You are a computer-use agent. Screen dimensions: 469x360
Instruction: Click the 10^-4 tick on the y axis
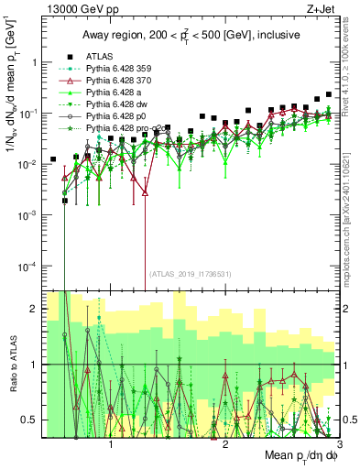click(33, 266)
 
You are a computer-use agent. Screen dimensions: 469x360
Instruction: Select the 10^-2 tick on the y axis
click(33, 164)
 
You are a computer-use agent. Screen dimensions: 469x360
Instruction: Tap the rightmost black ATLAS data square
click(329, 94)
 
